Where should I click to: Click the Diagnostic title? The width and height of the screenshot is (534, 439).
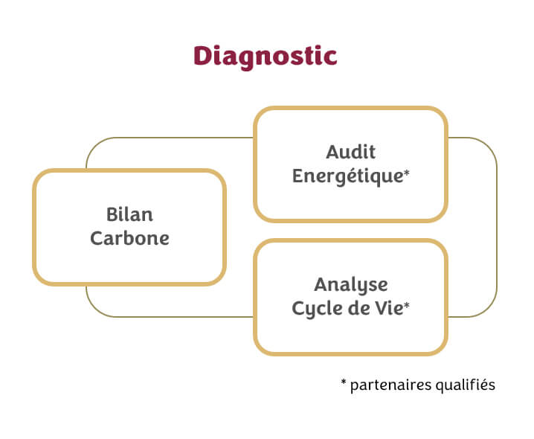tap(265, 57)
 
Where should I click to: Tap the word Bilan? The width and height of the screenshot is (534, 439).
tap(129, 215)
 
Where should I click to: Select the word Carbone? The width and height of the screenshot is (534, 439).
tap(129, 239)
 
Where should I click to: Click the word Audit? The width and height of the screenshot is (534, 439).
tap(350, 152)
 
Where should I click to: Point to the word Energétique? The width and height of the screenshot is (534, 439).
tap(347, 176)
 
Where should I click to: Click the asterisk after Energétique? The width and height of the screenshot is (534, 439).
tap(407, 173)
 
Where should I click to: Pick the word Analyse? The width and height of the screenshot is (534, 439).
tap(350, 284)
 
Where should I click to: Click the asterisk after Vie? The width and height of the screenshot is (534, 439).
tap(407, 306)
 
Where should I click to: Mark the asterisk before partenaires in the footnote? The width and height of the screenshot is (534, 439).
tap(344, 384)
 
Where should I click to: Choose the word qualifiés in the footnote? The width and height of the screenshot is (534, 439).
tap(463, 385)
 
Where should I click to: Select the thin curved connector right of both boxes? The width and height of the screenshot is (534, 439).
tap(496, 227)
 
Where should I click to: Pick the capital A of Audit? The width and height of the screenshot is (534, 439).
tap(332, 152)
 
